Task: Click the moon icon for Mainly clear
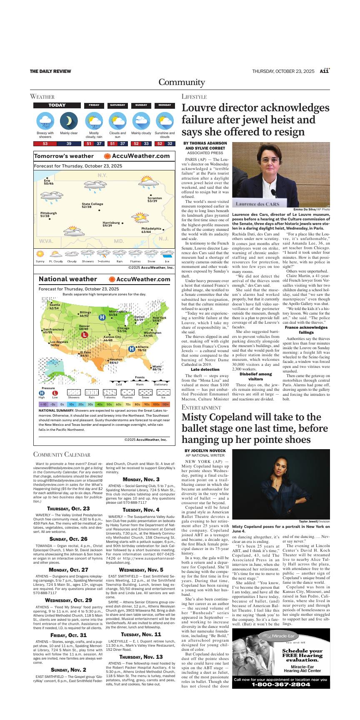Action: click(69, 121)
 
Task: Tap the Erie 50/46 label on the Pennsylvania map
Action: click(49, 182)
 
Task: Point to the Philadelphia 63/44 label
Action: click(151, 230)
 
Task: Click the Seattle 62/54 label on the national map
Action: click(54, 306)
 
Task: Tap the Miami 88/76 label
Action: click(157, 368)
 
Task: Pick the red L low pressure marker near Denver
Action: click(84, 335)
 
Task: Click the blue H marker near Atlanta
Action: click(132, 348)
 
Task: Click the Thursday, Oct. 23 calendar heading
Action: click(68, 508)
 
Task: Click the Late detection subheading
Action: click(205, 369)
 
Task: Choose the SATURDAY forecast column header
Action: click(117, 105)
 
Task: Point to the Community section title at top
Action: click(181, 82)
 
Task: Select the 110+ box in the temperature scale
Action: click(166, 404)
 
